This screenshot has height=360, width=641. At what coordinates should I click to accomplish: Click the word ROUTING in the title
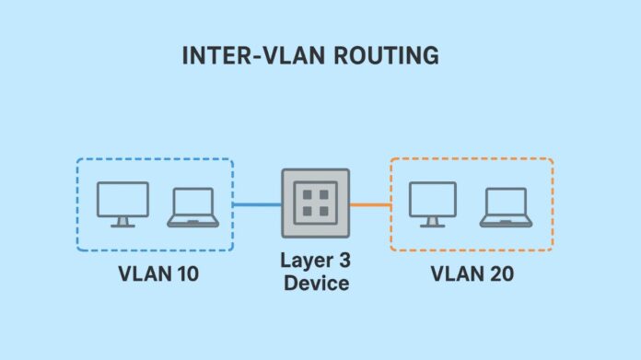click(390, 55)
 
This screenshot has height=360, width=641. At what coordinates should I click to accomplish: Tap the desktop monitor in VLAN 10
click(122, 201)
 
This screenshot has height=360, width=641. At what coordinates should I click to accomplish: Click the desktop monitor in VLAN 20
click(432, 201)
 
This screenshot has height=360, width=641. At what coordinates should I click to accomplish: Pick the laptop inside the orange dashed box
click(504, 207)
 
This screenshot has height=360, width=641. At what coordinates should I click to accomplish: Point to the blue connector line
click(257, 204)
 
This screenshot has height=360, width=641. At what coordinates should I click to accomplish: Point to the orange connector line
click(370, 204)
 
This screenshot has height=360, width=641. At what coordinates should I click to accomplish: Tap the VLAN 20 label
click(471, 273)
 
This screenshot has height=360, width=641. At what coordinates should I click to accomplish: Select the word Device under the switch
click(316, 284)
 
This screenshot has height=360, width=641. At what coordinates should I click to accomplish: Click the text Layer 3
click(316, 261)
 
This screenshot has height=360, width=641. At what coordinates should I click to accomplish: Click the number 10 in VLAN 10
click(185, 273)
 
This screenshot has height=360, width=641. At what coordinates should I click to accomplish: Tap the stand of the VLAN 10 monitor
click(122, 222)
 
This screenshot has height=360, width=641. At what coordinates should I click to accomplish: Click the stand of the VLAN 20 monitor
click(432, 222)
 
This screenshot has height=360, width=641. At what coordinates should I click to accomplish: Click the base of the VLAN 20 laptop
click(504, 223)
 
